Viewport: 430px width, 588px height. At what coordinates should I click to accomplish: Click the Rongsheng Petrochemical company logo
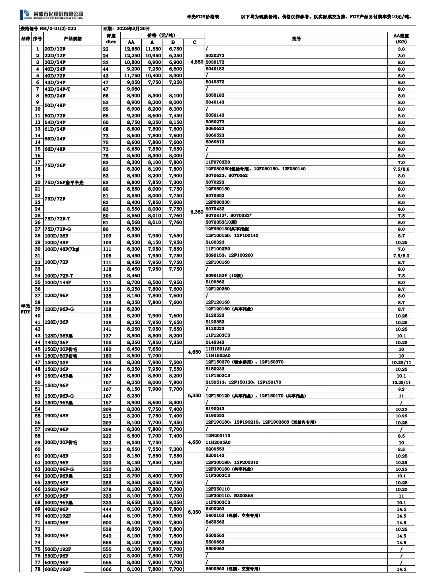pos(51,15)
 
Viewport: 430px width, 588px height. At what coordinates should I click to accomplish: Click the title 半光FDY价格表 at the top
pos(203,17)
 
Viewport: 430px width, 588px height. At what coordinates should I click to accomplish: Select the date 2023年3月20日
pos(126,29)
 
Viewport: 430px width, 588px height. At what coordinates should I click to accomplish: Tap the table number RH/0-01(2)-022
pos(48,29)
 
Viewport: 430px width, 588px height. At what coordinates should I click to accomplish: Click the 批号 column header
pos(296,39)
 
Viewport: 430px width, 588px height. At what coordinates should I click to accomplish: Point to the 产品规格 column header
pos(72,39)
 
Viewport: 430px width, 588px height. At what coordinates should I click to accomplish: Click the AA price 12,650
pos(132,49)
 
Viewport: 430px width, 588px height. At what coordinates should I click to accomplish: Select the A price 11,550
pos(153,49)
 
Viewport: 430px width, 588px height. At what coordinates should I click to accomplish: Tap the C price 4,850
pos(197,62)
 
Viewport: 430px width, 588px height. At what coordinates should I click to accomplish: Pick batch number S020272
pos(215,56)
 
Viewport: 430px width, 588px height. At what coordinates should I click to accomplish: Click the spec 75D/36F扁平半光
pos(64,183)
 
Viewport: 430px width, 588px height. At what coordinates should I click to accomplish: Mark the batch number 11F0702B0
pos(218,162)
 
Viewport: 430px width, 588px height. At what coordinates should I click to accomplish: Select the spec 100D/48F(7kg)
pos(62,249)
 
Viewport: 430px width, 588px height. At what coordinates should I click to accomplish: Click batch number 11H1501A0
pos(218,349)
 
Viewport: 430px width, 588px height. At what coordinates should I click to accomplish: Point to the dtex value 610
pos(107,556)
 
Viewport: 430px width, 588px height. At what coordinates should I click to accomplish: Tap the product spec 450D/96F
pos(56,522)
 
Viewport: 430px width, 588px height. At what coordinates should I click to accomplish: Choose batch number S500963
pos(215,549)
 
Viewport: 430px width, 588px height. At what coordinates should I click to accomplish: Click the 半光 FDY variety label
pos(25,309)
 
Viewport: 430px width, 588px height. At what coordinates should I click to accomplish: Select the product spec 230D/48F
pos(56,483)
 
